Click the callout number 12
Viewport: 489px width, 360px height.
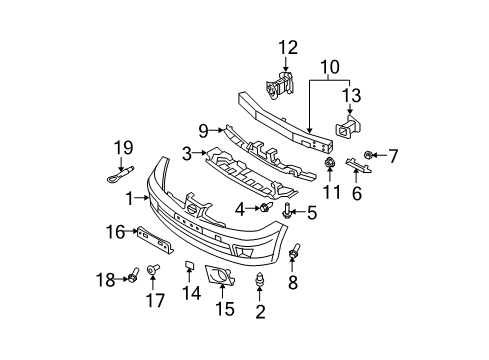point(288,46)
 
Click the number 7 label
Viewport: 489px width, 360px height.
point(393,156)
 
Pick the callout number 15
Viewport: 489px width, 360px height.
point(226,309)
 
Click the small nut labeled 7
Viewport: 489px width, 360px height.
point(370,156)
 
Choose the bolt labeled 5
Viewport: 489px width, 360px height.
point(290,210)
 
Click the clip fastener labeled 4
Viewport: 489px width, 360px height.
point(266,208)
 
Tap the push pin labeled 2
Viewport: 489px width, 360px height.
point(261,283)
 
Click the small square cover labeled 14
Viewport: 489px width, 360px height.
point(187,265)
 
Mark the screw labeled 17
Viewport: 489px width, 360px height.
point(153,270)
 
